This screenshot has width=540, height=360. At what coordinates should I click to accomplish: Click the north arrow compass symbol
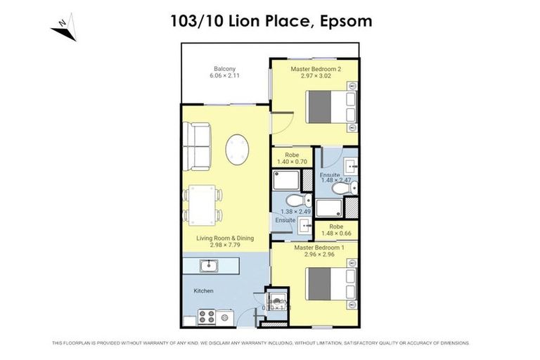click(x=63, y=30)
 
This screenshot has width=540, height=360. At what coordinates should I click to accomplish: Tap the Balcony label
click(x=224, y=68)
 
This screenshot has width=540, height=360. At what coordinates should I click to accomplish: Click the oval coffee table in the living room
click(x=237, y=148)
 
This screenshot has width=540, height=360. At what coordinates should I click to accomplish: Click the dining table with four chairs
click(x=202, y=205)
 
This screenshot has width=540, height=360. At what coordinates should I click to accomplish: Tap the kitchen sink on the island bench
click(x=208, y=266)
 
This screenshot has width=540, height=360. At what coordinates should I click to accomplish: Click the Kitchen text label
click(x=203, y=290)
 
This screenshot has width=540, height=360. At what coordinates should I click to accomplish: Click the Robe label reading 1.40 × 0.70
click(x=293, y=162)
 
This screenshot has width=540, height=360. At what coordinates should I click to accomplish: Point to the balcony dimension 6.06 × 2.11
click(x=224, y=76)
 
